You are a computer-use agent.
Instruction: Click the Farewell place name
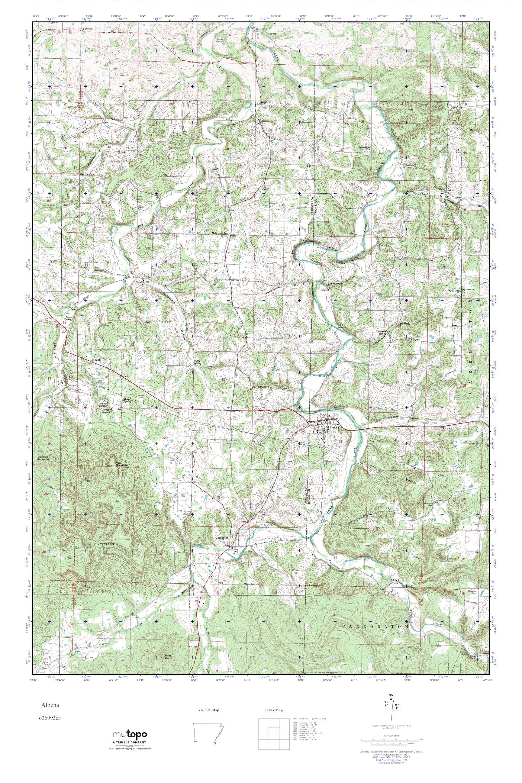(87, 29)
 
